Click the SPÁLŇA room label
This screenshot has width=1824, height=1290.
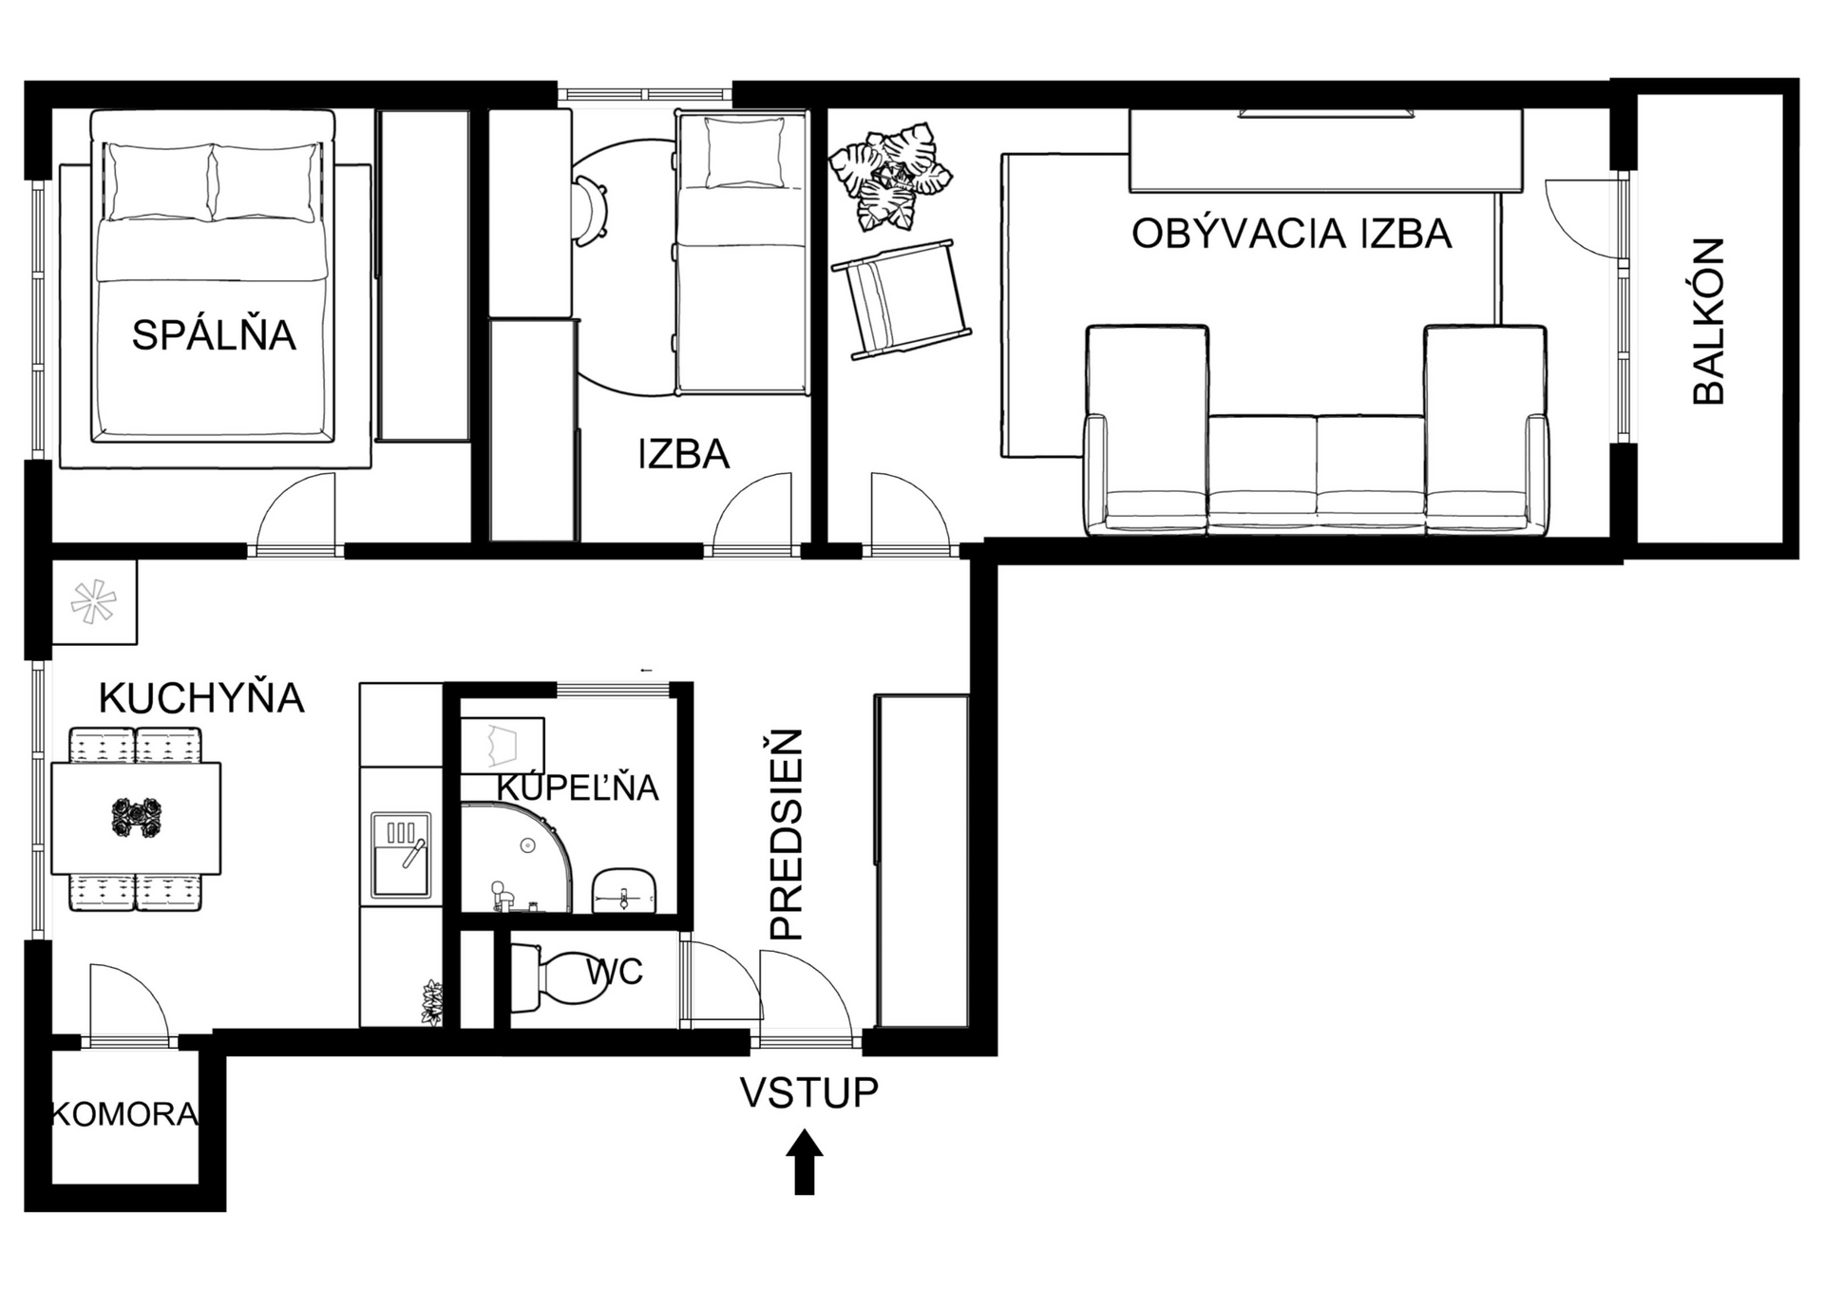tap(214, 334)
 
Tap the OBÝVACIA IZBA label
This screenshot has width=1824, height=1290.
tap(1291, 233)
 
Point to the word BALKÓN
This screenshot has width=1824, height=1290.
tap(1709, 322)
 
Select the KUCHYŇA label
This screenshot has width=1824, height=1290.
tap(201, 697)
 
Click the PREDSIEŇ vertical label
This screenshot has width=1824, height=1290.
tap(787, 835)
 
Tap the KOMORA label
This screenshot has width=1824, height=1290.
tap(124, 1113)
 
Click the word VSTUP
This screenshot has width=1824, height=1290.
tap(809, 1092)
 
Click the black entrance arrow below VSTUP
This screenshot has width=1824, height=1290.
tap(805, 1162)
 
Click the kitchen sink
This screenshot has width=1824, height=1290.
tap(401, 855)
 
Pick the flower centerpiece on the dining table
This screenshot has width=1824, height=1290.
tap(136, 818)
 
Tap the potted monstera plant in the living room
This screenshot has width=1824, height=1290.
tap(890, 177)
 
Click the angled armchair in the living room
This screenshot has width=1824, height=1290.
tap(902, 299)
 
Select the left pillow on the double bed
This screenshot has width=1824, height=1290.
tap(160, 181)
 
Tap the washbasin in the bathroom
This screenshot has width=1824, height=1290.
tap(624, 890)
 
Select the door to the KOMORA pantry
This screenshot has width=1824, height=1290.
tap(129, 1002)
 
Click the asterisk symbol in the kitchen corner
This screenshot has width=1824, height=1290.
tap(93, 602)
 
